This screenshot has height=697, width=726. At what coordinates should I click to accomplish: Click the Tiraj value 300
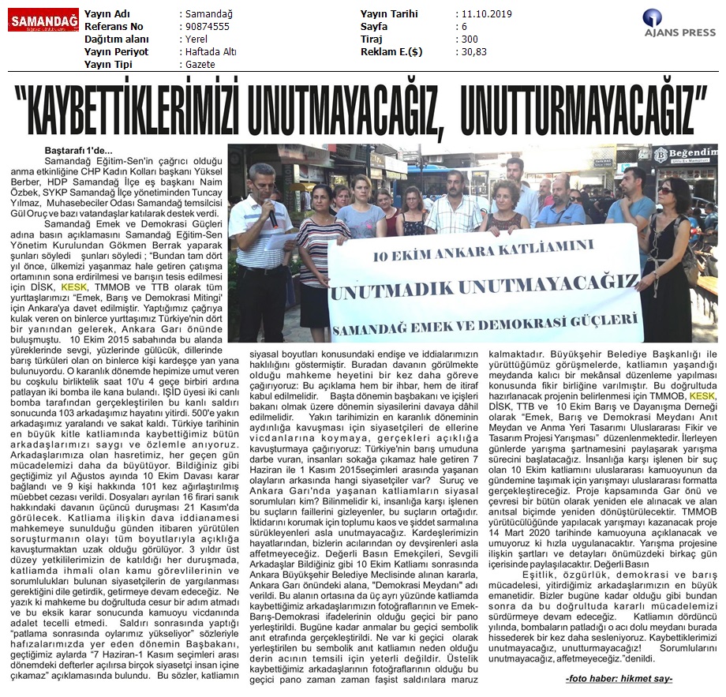click(x=470, y=39)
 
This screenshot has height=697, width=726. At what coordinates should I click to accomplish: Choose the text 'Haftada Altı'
click(x=209, y=52)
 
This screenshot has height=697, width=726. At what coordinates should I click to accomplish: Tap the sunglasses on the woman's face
click(x=665, y=190)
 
